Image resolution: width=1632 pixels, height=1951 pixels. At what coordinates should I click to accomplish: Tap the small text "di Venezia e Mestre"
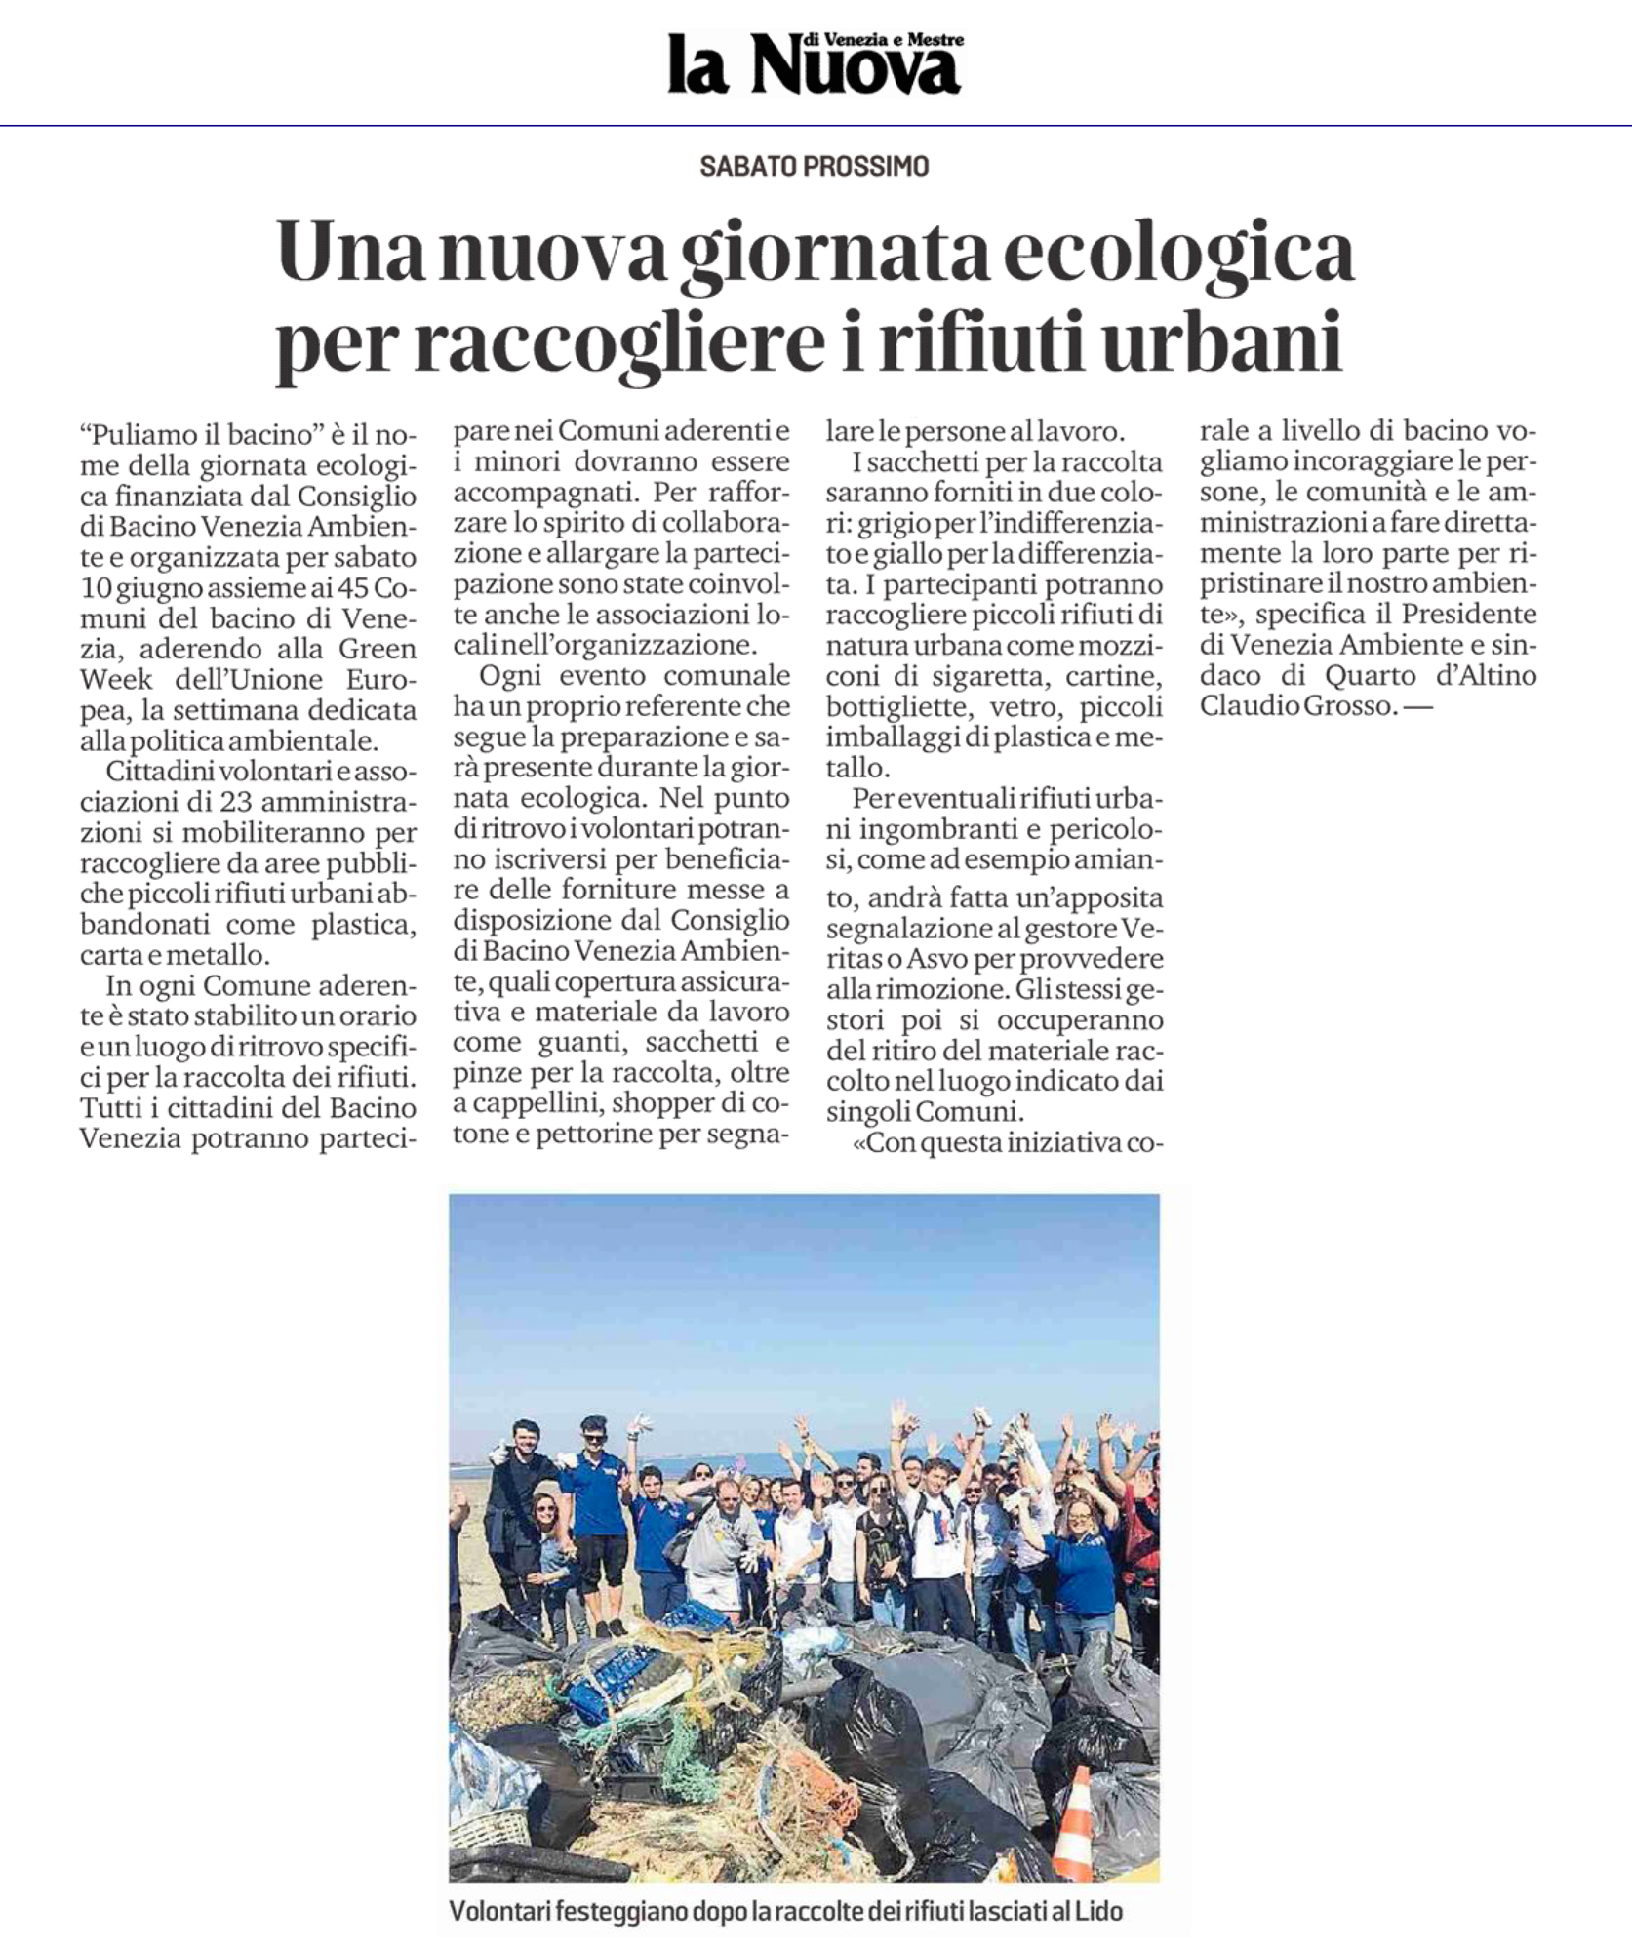click(881, 39)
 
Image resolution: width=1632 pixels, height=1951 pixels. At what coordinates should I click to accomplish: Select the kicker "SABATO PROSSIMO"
click(815, 167)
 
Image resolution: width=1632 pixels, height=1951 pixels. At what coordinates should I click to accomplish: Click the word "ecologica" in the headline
click(1178, 253)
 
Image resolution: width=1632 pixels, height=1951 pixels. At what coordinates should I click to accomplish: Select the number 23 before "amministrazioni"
click(202, 802)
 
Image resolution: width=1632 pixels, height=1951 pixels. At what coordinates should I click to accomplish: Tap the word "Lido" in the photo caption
click(1099, 1910)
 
